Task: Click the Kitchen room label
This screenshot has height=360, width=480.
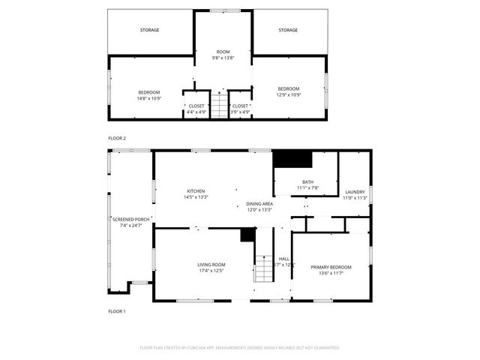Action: (x=196, y=191)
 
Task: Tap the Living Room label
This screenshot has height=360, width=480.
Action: (x=211, y=265)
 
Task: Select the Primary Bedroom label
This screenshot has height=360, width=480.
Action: (x=331, y=268)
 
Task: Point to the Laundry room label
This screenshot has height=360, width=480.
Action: (x=354, y=191)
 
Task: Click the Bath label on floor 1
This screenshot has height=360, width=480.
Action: (x=307, y=182)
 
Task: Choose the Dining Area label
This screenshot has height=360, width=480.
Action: (x=259, y=204)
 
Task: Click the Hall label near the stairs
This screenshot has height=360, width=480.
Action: (x=283, y=259)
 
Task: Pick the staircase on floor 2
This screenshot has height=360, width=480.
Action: (x=217, y=104)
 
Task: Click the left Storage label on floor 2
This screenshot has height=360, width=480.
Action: (x=149, y=30)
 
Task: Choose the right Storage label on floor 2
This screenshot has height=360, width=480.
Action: (x=288, y=30)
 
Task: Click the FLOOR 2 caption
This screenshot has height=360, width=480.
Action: (x=117, y=139)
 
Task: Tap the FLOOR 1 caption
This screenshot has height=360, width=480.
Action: (x=117, y=310)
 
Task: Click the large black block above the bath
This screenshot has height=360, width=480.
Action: (x=292, y=159)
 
